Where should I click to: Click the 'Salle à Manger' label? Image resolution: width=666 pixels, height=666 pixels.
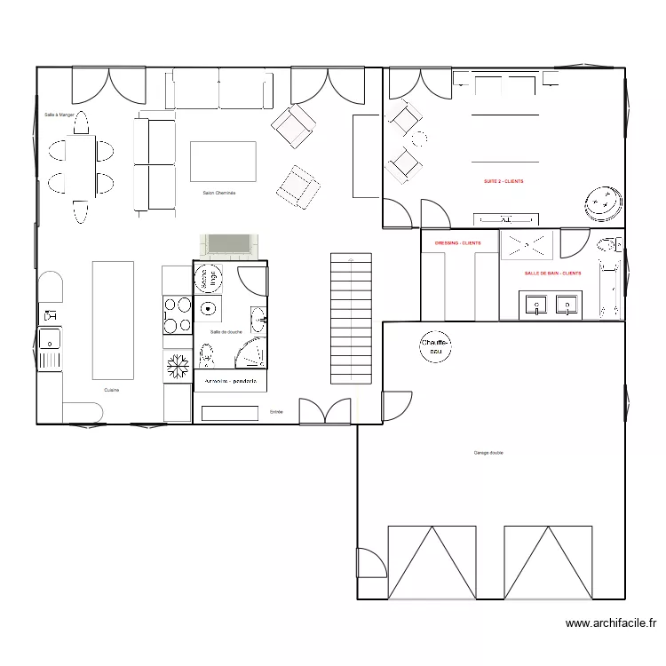click(x=59, y=114)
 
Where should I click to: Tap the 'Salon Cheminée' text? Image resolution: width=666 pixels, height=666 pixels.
click(x=218, y=193)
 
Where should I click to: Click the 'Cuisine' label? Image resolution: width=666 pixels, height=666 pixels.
click(x=112, y=390)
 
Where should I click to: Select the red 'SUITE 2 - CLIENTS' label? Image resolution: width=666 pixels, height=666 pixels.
click(x=503, y=181)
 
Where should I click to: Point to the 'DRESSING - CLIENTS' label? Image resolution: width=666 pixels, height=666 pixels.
click(x=457, y=242)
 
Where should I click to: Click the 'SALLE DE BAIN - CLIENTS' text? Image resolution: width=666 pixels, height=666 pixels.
click(x=552, y=274)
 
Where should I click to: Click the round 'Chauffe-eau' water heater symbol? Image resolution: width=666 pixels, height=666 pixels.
click(x=436, y=346)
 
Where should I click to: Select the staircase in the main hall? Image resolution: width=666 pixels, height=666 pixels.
click(x=351, y=318)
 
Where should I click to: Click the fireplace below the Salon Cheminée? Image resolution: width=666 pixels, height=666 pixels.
click(x=231, y=244)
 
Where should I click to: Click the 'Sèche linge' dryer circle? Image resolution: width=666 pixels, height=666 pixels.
click(x=210, y=278)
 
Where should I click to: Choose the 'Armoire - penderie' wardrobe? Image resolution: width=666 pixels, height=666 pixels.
click(x=230, y=381)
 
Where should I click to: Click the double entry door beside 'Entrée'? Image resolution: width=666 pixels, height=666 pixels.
click(x=325, y=411)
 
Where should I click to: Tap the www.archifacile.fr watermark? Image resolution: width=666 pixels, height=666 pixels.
click(x=610, y=624)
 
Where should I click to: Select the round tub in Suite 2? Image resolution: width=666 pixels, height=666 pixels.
click(x=604, y=204)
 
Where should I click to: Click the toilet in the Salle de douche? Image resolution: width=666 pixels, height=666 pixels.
click(x=207, y=355)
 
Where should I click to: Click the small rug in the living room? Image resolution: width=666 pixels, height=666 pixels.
click(x=223, y=162)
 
